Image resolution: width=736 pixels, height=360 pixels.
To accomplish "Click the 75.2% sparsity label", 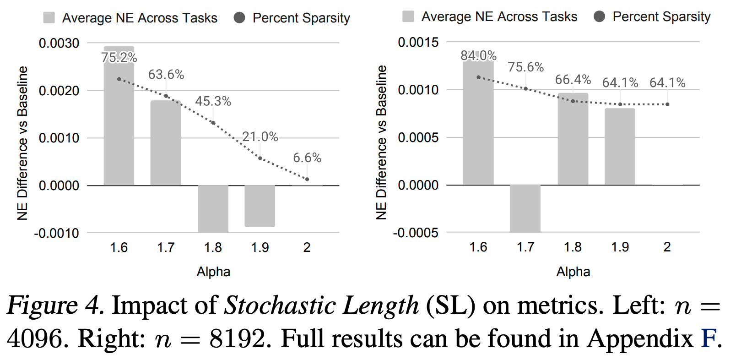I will [119, 58].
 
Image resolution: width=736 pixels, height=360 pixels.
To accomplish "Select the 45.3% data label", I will [213, 101].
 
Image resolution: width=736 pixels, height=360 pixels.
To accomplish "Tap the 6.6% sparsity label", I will [307, 158].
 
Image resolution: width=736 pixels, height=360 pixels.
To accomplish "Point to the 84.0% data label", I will [478, 56].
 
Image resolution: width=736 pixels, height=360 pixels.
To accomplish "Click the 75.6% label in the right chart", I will [525, 67].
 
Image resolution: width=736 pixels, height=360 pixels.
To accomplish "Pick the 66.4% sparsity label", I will [573, 80].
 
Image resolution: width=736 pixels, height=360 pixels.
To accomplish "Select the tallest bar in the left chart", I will [119, 119].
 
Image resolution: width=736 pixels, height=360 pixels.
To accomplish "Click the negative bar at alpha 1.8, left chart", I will [213, 208].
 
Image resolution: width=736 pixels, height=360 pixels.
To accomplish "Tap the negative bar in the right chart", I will [525, 208].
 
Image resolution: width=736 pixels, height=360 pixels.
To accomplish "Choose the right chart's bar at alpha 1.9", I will [620, 147].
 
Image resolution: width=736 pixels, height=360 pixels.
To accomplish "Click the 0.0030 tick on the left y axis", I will [59, 44].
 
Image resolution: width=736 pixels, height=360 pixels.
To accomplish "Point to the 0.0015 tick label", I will [418, 43].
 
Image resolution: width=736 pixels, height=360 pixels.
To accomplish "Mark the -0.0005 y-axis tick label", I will [416, 233].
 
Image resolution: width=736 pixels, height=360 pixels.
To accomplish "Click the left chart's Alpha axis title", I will [213, 272].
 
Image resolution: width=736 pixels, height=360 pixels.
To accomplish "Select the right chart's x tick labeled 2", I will [667, 247].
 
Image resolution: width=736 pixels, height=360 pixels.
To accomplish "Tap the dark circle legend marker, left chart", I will [239, 18].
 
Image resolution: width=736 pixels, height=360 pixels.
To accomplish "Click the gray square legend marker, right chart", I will [408, 17].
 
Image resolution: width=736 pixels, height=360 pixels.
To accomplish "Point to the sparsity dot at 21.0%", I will [260, 158].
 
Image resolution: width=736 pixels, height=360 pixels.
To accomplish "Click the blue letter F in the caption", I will [709, 339].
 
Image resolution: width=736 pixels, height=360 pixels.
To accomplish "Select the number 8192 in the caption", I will [238, 339].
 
